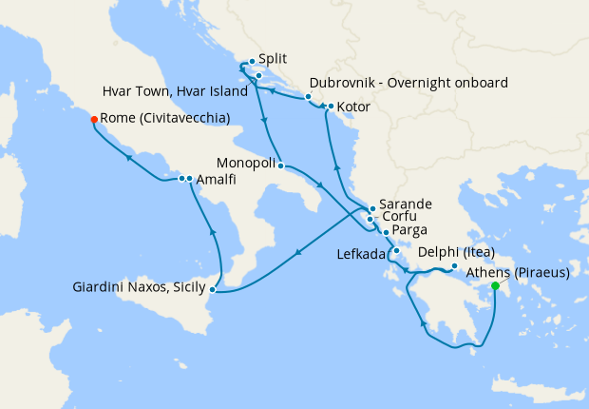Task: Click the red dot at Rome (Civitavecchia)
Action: point(94,120)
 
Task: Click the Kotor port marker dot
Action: point(329,106)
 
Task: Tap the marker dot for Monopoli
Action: point(281,166)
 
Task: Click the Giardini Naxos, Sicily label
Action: point(140,286)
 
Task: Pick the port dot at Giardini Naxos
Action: point(213,288)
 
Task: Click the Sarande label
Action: point(406,204)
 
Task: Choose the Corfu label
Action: point(398,218)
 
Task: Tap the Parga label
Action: point(408,231)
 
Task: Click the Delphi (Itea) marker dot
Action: point(454,266)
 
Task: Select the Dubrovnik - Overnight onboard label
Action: point(408,82)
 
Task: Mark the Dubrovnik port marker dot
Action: point(309,97)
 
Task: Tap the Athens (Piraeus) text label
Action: point(520,272)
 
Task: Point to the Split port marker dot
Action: point(251,62)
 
